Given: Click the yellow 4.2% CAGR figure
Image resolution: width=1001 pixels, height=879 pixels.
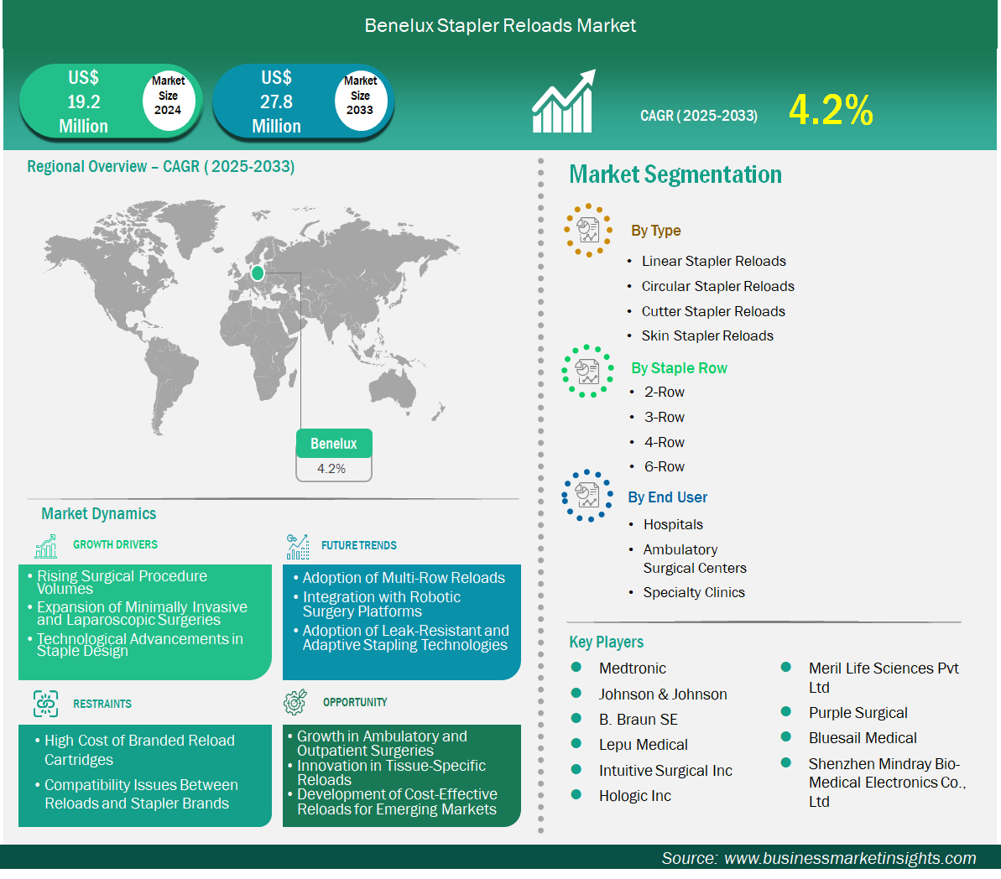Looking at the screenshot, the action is (831, 110).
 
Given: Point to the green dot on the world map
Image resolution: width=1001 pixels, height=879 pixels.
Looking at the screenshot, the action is (258, 273).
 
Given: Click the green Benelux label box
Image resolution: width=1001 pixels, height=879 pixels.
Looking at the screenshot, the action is (334, 444).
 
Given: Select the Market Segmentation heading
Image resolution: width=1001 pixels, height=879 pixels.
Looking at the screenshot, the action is (675, 174).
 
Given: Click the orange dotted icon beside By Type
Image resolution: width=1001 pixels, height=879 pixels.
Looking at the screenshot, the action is (588, 231).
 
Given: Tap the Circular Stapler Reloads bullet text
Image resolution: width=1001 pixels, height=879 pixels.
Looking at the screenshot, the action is (717, 286).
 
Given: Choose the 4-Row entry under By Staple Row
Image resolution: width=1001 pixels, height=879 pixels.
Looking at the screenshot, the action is (664, 442).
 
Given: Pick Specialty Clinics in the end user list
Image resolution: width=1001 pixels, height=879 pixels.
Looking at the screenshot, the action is (693, 592).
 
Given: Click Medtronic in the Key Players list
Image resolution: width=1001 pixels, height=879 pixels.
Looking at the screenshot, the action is (632, 668).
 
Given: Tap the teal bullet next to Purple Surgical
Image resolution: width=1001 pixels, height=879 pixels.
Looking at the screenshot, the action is (786, 711).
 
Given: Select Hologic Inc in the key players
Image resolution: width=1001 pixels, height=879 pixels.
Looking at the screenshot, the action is (634, 796).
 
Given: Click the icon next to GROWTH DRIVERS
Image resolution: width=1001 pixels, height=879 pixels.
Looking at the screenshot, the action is (46, 546).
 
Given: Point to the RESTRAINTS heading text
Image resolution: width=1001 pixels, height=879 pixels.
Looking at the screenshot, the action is (102, 704).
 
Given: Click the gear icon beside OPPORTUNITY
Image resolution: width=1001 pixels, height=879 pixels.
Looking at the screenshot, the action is (295, 701).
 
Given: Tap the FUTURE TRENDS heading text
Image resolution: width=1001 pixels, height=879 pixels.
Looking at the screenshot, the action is (359, 545).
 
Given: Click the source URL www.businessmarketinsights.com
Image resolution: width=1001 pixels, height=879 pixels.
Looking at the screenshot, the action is (850, 858).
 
